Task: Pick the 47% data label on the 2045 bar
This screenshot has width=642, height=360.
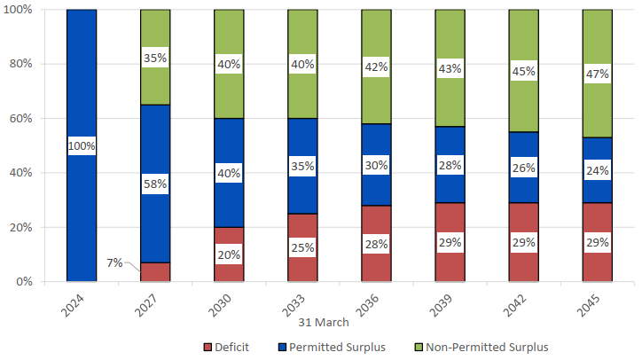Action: coord(596,74)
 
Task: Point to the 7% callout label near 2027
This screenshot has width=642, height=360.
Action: coord(114,262)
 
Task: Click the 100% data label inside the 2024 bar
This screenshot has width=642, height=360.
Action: coord(82,145)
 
